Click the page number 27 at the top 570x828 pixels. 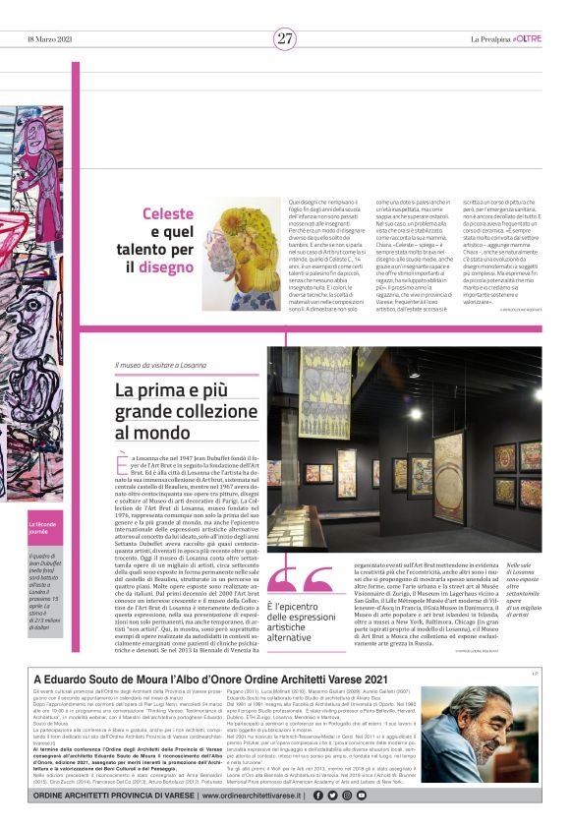(x=285, y=38)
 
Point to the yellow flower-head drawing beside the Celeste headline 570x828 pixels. (x=241, y=252)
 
